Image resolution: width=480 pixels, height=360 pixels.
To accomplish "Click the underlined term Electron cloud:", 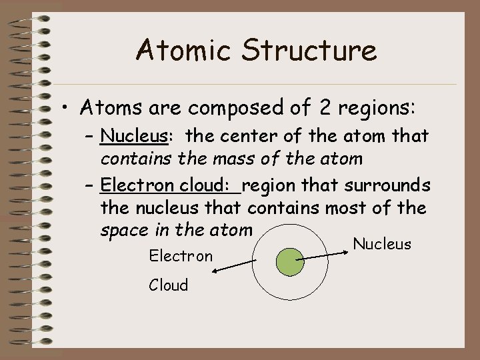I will coord(170,185).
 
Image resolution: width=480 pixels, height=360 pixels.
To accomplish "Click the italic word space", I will coord(122,231).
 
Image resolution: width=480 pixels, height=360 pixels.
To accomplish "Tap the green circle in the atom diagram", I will coord(289,261).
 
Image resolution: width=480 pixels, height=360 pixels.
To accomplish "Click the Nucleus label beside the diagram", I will coord(382,244).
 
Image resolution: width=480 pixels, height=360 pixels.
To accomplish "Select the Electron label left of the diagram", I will coord(181,256).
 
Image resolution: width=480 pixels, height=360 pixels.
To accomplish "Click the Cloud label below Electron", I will coord(169,285).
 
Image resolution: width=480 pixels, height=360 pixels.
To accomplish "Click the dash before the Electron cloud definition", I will coord(89,185).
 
